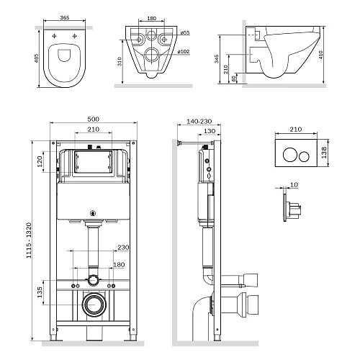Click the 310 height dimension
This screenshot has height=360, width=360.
[x=119, y=63]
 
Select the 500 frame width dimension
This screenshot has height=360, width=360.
[x=91, y=120]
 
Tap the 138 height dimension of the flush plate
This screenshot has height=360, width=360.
[x=325, y=152]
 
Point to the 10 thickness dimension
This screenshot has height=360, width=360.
[x=293, y=184]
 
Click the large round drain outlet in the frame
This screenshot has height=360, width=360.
[x=92, y=305]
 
